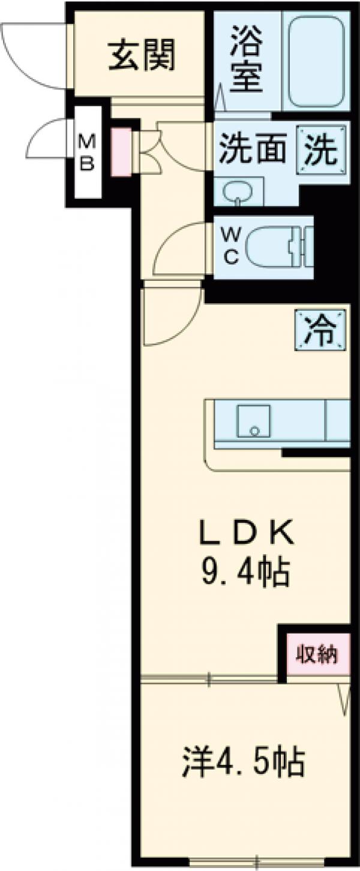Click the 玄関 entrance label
tap(142, 56)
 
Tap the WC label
tap(231, 247)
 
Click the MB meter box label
tap(88, 152)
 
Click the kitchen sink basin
tap(253, 421)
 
